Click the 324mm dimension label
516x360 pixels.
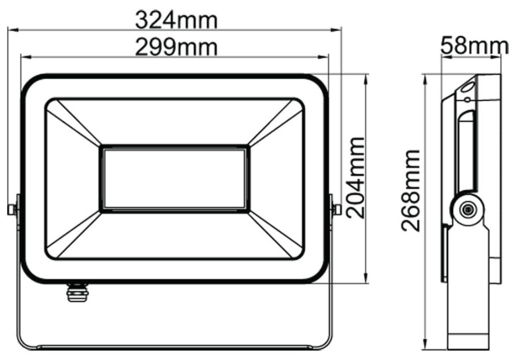(x=176, y=21)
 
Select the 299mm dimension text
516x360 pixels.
(x=176, y=48)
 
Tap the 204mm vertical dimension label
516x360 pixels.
(x=357, y=177)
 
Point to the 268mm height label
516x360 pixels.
(x=411, y=190)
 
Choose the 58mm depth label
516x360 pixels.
(x=474, y=46)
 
